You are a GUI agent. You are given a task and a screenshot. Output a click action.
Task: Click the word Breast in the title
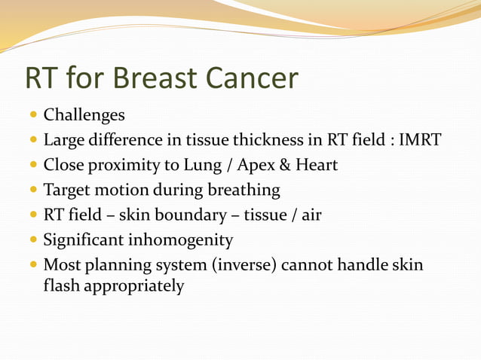point(149,78)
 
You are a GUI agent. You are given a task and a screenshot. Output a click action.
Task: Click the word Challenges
point(84,116)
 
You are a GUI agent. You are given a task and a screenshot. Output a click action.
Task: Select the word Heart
point(314,166)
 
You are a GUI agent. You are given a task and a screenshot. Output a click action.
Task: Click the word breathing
point(245,191)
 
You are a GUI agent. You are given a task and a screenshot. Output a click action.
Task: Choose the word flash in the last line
point(60,286)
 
